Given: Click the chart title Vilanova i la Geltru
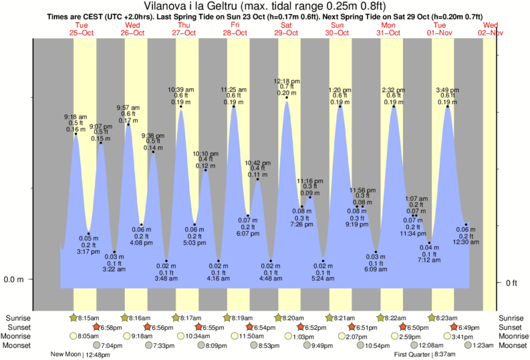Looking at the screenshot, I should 265,6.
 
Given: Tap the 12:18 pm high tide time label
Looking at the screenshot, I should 287,81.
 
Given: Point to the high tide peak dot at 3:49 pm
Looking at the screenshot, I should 448,106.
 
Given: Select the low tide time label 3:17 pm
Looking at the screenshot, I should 89,252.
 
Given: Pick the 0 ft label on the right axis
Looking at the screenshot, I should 512,283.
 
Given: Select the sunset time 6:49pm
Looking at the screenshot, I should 471,327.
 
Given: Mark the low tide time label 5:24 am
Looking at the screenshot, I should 324,279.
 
